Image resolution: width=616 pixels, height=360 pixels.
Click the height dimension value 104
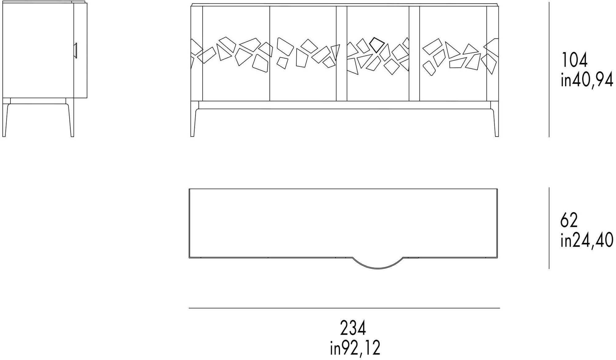click(x=575, y=60)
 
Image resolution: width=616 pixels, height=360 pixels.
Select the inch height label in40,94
click(x=587, y=80)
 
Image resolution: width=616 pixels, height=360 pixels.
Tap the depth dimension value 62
click(x=569, y=220)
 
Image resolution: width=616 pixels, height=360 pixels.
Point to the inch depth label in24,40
click(x=587, y=240)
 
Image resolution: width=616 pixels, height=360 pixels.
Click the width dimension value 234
click(x=353, y=328)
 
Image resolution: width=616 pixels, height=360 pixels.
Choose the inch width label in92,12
click(x=355, y=348)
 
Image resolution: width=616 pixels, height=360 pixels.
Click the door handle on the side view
click(x=75, y=50)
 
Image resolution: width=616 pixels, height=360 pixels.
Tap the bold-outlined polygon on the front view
click(x=377, y=45)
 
